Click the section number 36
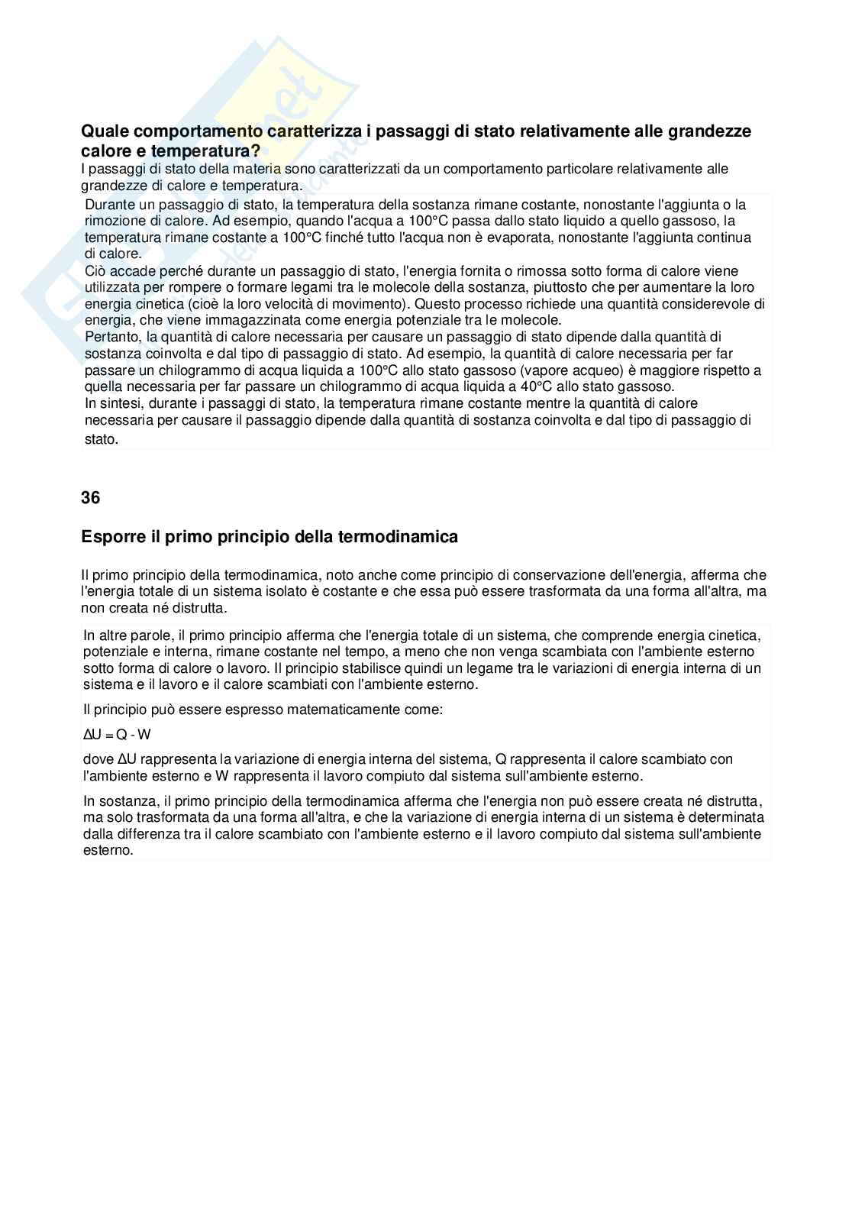coord(90,498)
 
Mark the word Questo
coord(437,304)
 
